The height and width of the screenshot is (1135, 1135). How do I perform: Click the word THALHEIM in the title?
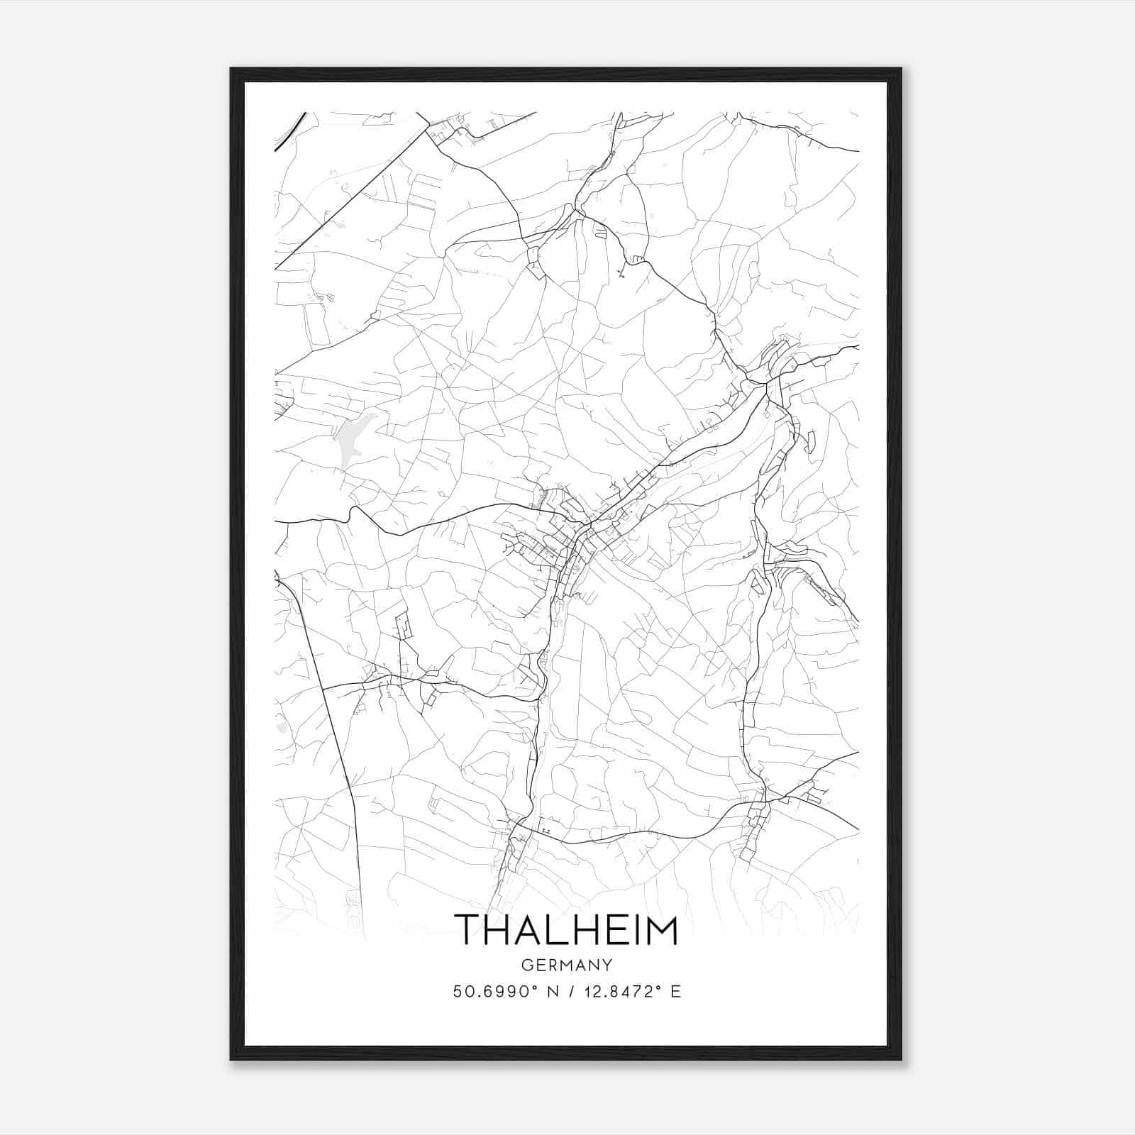(x=566, y=930)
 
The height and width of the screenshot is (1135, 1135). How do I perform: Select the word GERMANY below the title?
(x=566, y=965)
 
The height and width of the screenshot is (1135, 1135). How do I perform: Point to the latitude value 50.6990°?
(x=494, y=992)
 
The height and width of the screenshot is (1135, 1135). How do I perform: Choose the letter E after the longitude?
(x=676, y=992)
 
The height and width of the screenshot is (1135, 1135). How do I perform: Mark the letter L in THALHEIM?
(x=538, y=930)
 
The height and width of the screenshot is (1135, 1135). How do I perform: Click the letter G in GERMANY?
(x=525, y=965)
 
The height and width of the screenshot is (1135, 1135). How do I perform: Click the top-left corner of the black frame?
(x=232, y=70)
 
